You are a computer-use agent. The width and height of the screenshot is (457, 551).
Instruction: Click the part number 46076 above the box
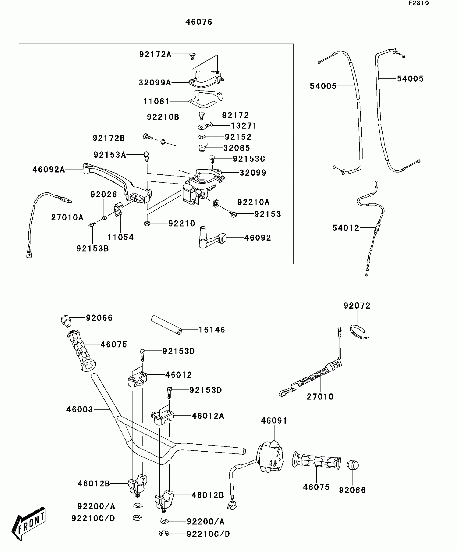[199, 22]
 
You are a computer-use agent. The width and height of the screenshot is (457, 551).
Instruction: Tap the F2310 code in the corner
[419, 3]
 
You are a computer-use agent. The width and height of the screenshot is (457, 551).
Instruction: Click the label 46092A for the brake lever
[48, 170]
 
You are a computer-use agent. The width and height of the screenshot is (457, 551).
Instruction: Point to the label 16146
[212, 330]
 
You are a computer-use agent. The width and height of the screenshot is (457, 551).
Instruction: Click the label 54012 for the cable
[346, 228]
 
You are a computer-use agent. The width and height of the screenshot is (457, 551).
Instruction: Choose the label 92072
[357, 306]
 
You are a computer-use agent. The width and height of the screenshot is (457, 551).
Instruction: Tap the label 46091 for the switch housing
[274, 421]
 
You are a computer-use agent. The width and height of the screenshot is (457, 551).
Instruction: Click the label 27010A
[67, 217]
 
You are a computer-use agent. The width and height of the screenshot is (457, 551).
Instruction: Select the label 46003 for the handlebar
[80, 409]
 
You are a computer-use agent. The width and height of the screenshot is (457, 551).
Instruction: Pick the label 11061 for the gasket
[156, 101]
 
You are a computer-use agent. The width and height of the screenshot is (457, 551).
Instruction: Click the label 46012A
[208, 416]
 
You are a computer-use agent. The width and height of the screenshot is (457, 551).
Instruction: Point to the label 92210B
[163, 117]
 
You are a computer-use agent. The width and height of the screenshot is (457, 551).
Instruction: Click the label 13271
[244, 126]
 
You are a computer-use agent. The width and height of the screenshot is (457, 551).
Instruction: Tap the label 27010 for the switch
[320, 397]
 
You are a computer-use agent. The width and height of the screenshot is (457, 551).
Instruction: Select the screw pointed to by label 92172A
[192, 56]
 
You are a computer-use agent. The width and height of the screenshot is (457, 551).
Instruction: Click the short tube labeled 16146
[167, 325]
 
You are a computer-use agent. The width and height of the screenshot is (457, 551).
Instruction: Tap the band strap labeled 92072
[359, 331]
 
